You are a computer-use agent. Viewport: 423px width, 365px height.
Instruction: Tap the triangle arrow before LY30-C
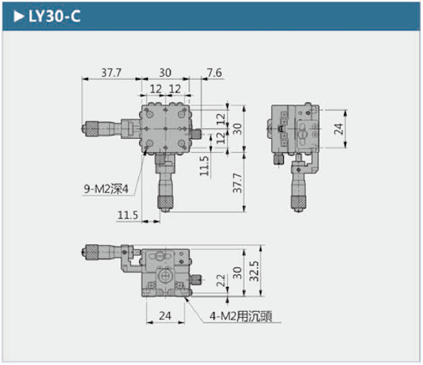click(19, 17)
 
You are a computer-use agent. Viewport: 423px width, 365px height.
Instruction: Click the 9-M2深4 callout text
click(106, 190)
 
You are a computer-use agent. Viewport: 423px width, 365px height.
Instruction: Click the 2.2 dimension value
click(220, 281)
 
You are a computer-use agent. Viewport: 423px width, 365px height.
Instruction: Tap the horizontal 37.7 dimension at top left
click(111, 73)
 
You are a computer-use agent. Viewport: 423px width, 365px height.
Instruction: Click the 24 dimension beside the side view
click(339, 129)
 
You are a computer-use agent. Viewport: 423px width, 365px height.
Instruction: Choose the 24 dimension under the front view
click(165, 316)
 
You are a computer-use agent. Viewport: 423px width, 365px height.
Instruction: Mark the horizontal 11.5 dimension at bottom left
click(128, 215)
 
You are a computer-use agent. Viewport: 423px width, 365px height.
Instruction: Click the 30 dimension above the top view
click(165, 73)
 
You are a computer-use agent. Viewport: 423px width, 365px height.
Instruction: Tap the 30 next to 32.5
click(237, 272)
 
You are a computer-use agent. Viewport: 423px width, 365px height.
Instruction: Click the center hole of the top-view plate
click(165, 129)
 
